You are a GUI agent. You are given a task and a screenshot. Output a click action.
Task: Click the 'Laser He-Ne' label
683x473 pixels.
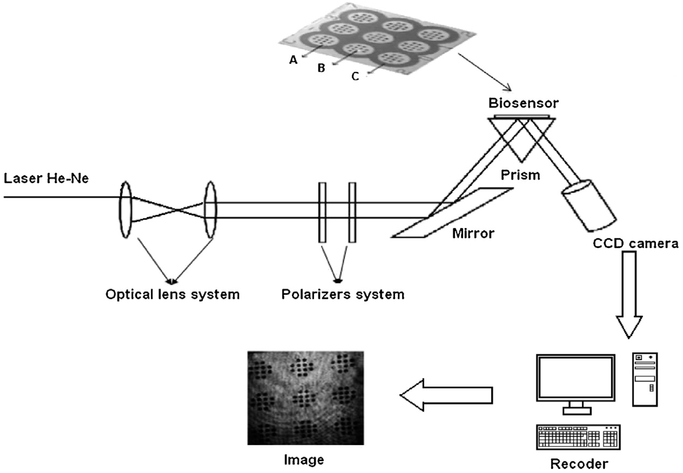[46, 179]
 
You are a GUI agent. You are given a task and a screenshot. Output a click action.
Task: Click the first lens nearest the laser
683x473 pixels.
[126, 210]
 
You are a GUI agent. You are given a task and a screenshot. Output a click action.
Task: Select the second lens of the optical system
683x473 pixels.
[211, 210]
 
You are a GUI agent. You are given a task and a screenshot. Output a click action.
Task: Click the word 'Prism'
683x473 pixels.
[520, 175]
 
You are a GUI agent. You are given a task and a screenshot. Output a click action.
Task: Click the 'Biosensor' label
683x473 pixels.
[523, 103]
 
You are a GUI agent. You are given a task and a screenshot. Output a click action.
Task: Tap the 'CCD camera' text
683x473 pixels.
[635, 244]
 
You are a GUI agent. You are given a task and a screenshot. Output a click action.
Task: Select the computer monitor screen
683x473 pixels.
[576, 377]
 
